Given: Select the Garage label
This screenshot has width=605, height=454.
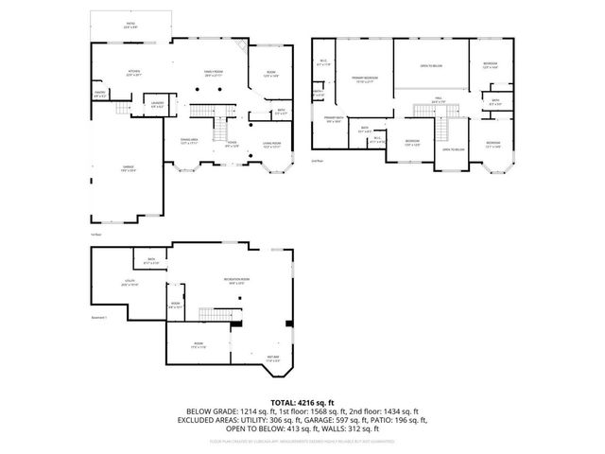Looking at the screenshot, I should [127, 167].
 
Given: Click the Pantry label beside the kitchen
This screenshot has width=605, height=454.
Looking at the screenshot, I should [99, 94].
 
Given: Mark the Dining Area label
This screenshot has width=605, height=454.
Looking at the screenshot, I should [189, 141].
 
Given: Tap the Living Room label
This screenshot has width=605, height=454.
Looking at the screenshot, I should [271, 145].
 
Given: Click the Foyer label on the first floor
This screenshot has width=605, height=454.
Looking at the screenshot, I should [232, 145].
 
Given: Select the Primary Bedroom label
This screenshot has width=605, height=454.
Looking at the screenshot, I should [365, 79].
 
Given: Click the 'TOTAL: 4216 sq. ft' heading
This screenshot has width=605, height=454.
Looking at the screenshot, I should [302, 402].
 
